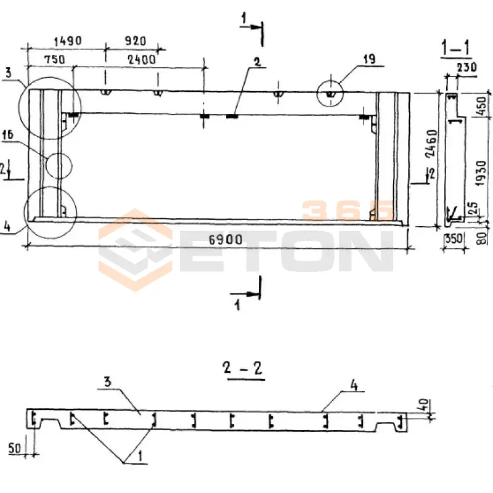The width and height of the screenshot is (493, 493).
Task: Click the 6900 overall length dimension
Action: pyautogui.click(x=226, y=240)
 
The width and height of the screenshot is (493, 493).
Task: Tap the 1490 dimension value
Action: pyautogui.click(x=68, y=41)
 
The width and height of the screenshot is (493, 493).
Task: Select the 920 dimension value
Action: pyautogui.click(x=136, y=41)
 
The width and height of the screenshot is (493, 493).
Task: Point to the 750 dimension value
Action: pyautogui.click(x=54, y=59)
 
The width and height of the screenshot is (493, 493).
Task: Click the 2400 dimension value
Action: pyautogui.click(x=142, y=59)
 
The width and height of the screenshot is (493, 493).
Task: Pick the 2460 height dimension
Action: pyautogui.click(x=431, y=144)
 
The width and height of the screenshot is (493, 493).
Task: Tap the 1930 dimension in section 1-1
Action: pyautogui.click(x=481, y=173)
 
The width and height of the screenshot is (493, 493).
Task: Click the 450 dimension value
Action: pyautogui.click(x=481, y=106)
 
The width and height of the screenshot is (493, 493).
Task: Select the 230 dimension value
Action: pyautogui.click(x=467, y=67)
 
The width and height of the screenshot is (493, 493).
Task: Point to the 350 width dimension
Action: pyautogui.click(x=454, y=238)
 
